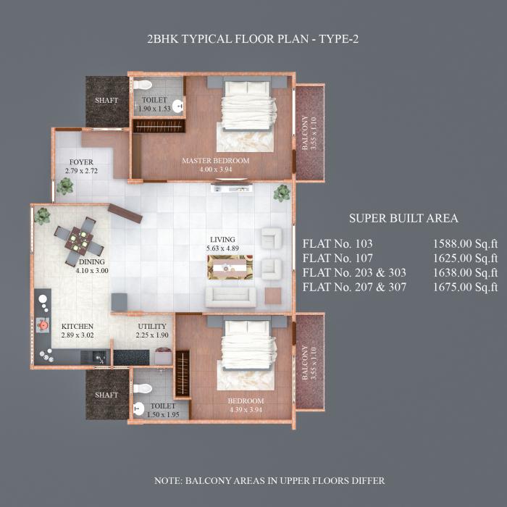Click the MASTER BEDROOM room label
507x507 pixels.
click(215, 161)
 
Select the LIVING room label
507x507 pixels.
click(222, 239)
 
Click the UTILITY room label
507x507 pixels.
click(152, 327)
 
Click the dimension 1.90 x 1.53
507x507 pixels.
click(154, 109)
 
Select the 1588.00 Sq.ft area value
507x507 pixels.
click(465, 244)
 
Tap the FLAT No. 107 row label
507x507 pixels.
click(338, 258)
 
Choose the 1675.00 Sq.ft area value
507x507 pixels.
click(465, 287)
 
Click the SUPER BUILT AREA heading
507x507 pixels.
click(403, 218)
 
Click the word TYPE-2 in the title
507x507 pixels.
click(336, 39)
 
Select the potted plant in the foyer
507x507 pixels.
click(65, 185)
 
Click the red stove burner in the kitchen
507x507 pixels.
click(44, 325)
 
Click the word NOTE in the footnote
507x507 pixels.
click(171, 481)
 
